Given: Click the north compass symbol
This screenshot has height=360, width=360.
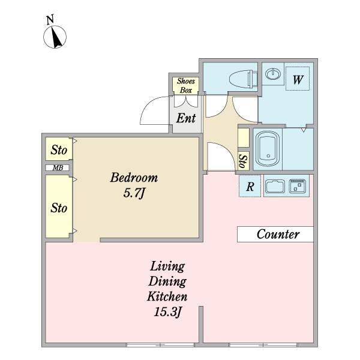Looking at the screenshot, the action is [55, 37].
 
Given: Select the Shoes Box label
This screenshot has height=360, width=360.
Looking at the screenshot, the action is [186, 86].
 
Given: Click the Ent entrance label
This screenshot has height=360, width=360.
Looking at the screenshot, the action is [186, 118].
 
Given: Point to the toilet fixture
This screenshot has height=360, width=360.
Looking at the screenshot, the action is [244, 79].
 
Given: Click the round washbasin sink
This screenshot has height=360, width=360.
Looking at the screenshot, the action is [273, 74].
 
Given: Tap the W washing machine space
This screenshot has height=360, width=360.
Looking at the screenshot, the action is [298, 79].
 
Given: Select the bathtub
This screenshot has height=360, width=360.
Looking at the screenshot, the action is [268, 149].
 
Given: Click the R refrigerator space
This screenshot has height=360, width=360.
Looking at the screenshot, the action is [250, 186].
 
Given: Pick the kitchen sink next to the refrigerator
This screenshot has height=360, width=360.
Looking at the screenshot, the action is [275, 186].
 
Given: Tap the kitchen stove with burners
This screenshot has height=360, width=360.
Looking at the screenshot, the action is [298, 186].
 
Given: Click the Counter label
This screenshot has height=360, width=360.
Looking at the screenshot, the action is [278, 234].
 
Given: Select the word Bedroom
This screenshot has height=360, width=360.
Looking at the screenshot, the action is [134, 178].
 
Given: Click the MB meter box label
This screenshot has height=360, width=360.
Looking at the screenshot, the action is [58, 168].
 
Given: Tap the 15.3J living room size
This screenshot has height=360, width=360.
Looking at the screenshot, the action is [167, 312].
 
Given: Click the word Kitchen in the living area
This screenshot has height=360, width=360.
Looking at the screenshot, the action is [167, 296].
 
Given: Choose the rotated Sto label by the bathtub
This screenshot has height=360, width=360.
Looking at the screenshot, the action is [244, 161].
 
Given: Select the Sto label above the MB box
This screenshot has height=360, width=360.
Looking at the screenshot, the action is [59, 150].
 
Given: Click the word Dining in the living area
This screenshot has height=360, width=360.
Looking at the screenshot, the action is [167, 282].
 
